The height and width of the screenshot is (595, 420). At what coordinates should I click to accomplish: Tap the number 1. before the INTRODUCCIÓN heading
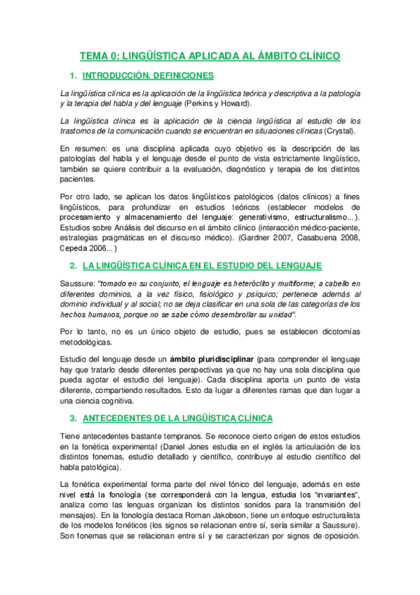coord(72,75)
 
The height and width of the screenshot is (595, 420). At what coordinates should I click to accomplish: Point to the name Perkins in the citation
coord(200,103)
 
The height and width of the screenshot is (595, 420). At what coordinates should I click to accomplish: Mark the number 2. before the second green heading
coord(72,266)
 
